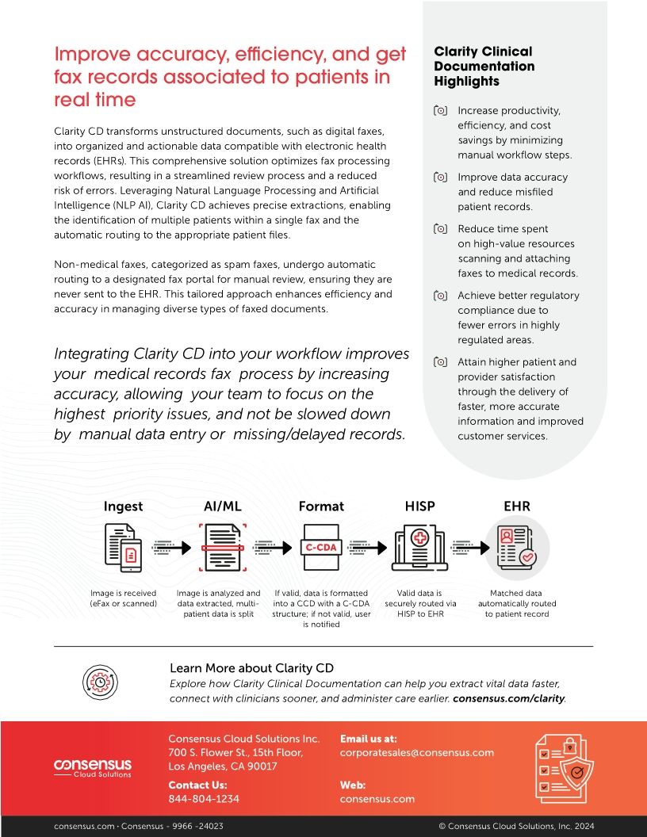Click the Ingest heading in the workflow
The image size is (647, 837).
pos(123,506)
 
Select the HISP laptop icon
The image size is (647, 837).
pos(419,548)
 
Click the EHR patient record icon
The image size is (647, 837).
pos(517,546)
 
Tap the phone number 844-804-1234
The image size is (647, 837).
pos(204,799)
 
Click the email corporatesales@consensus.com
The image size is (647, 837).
pos(417,752)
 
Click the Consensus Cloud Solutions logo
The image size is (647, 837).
pos(93,768)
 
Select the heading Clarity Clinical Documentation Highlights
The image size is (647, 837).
pos(484,67)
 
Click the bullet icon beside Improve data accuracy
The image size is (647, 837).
pos(441,178)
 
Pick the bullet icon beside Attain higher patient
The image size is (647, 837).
pos(441,362)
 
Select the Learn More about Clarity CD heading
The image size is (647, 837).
pos(251,668)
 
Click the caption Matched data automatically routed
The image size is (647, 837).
pos(517,603)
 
